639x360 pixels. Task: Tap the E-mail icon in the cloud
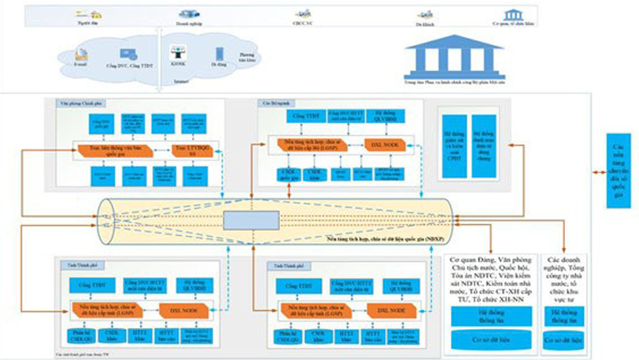pyautogui.click(x=82, y=53)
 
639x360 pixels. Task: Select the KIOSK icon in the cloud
pyautogui.click(x=178, y=54)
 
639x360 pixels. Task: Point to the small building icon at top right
pyautogui.click(x=512, y=14)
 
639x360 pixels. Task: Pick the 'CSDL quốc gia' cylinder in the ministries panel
pyautogui.click(x=284, y=174)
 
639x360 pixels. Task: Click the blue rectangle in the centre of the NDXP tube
pyautogui.click(x=251, y=220)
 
